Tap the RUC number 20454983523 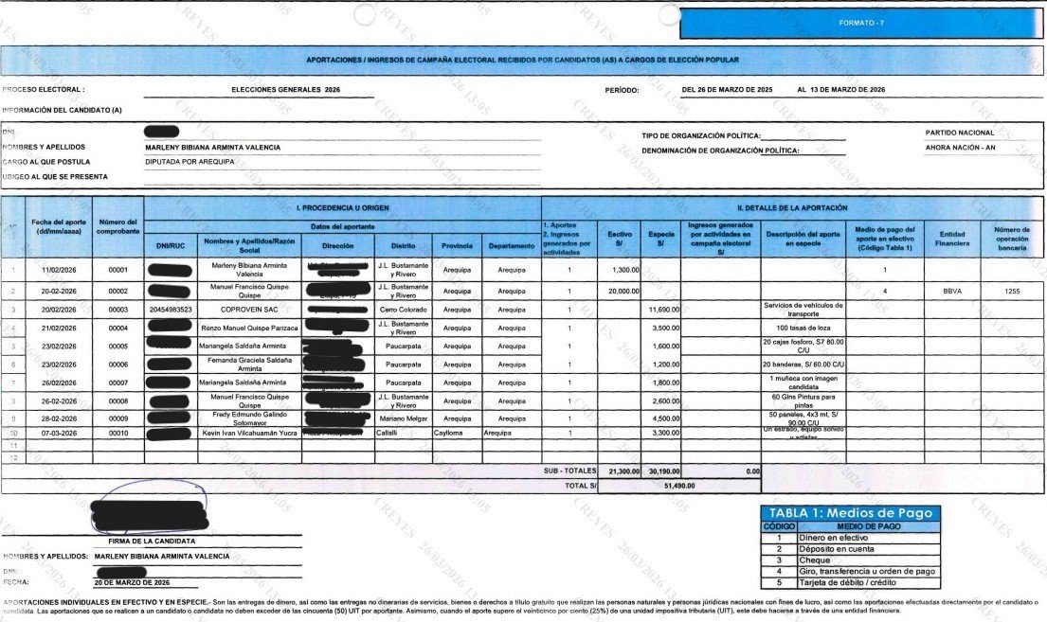coord(171,310)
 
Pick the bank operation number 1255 coord(1013,291)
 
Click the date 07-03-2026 coord(60,433)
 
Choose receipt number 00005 coord(118,347)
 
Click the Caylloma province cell coord(457,433)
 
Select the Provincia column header coord(457,245)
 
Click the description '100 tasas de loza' coord(803,328)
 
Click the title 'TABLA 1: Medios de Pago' coord(850,513)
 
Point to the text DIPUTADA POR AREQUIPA coord(193,162)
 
